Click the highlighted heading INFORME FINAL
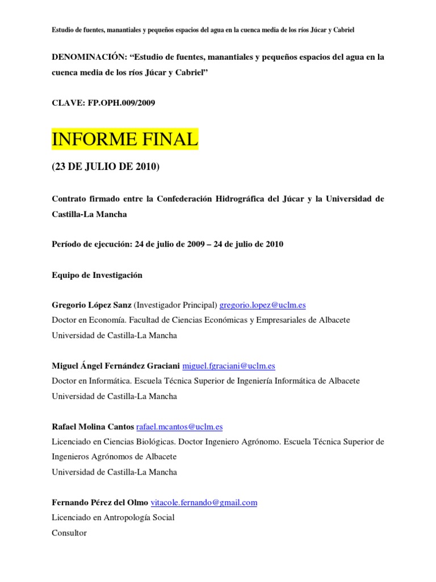tap(125, 139)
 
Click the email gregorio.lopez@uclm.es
tap(262, 305)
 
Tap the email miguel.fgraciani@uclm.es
tap(234, 366)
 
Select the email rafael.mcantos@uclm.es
tap(179, 427)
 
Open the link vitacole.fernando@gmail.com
tap(204, 502)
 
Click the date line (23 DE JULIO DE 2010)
tap(106, 168)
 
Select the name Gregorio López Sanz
tap(91, 305)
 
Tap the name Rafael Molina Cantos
tap(93, 427)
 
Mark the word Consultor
tap(69, 533)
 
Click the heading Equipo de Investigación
tap(97, 275)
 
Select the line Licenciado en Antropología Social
tap(113, 518)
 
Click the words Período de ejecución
tap(91, 244)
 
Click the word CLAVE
tap(66, 103)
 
